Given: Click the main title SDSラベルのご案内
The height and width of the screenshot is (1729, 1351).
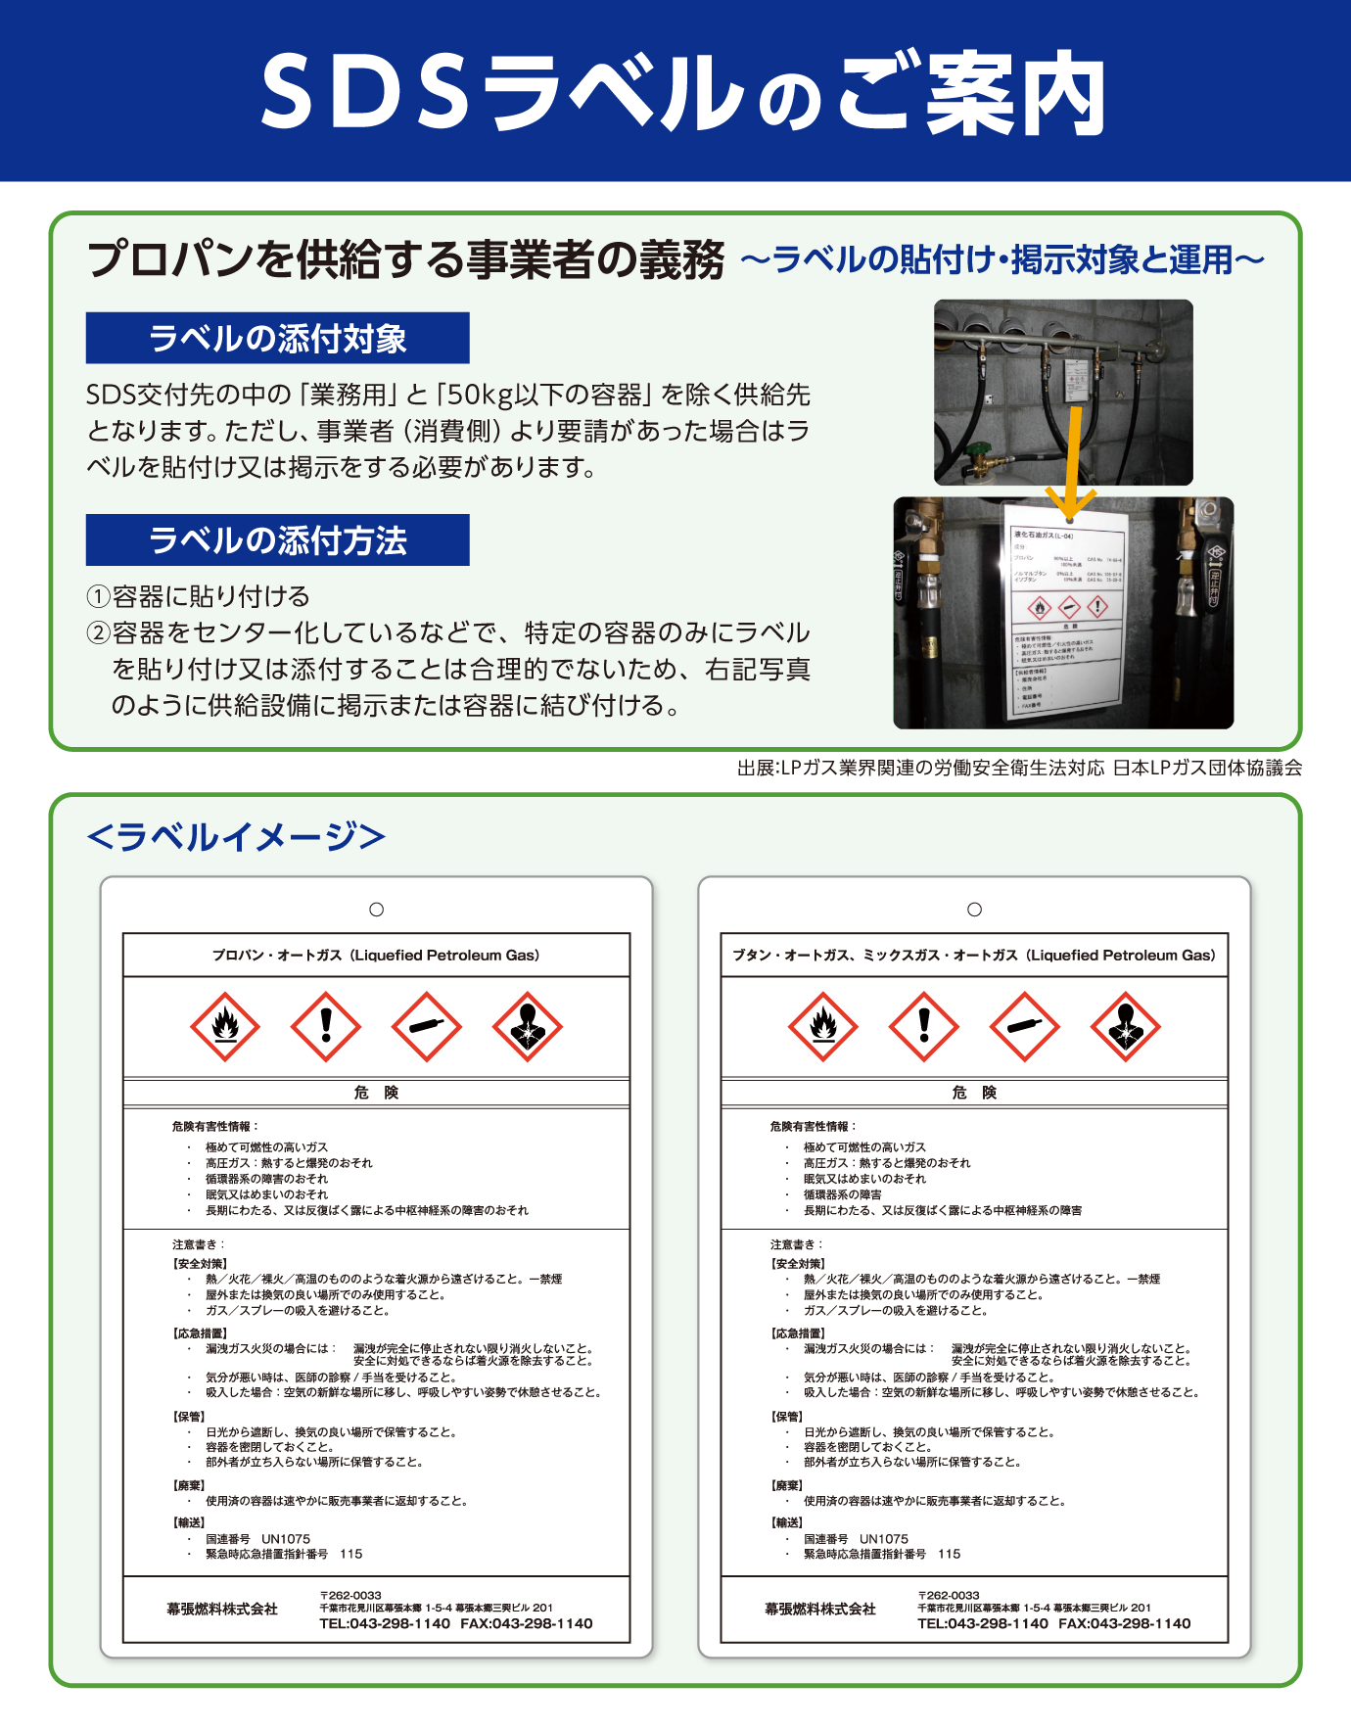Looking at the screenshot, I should pyautogui.click(x=682, y=93).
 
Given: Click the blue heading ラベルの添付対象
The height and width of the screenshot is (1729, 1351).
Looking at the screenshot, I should pyautogui.click(x=277, y=339).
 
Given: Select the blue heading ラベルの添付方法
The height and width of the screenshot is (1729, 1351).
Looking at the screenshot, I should pyautogui.click(x=277, y=540).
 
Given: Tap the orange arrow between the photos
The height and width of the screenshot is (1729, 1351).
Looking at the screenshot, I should pyautogui.click(x=1073, y=460).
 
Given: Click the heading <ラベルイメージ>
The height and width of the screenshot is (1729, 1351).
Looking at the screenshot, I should pyautogui.click(x=236, y=837).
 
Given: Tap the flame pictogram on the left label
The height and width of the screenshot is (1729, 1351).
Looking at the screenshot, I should pyautogui.click(x=225, y=1027).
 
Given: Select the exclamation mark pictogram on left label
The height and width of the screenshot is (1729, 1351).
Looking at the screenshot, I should pyautogui.click(x=326, y=1027).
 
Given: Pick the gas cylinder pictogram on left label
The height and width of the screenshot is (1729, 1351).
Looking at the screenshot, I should pyautogui.click(x=427, y=1027).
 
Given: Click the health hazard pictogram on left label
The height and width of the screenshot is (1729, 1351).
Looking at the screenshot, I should pyautogui.click(x=528, y=1027).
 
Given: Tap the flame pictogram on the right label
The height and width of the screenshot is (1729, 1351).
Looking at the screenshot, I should pyautogui.click(x=823, y=1027).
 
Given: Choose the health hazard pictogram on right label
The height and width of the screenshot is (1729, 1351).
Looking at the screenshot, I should pyautogui.click(x=1126, y=1027).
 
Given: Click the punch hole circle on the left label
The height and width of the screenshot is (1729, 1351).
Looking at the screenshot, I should pyautogui.click(x=376, y=910).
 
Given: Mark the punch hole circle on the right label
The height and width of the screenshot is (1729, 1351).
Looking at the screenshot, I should pyautogui.click(x=974, y=910).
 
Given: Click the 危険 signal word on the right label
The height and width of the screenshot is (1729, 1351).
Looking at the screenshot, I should pyautogui.click(x=974, y=1093).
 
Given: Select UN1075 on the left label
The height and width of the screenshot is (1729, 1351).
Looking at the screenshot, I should pyautogui.click(x=286, y=1539).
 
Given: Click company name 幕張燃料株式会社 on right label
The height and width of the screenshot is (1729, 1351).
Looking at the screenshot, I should pyautogui.click(x=820, y=1609).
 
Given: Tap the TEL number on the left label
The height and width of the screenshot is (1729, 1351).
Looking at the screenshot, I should pyautogui.click(x=385, y=1623).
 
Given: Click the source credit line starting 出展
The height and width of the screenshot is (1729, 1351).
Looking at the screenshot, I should pyautogui.click(x=1019, y=769).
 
